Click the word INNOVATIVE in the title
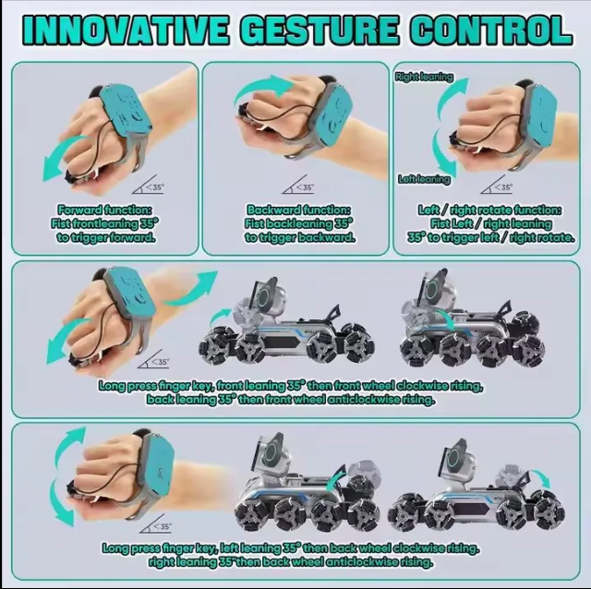click(x=124, y=30)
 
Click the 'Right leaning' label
click(x=424, y=78)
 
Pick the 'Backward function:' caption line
click(x=299, y=210)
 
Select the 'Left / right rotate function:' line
click(x=490, y=210)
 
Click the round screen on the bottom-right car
click(x=455, y=456)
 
